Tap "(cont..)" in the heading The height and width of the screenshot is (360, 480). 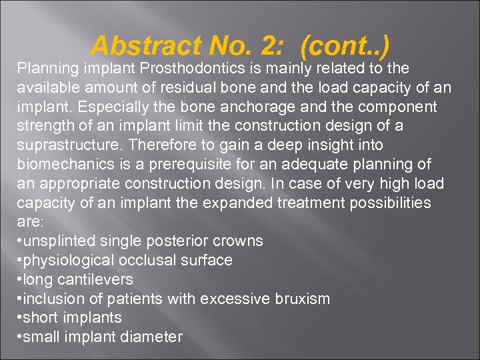click(x=345, y=46)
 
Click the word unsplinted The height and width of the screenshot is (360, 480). click(x=59, y=241)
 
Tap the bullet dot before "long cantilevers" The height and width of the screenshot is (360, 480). click(x=18, y=279)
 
